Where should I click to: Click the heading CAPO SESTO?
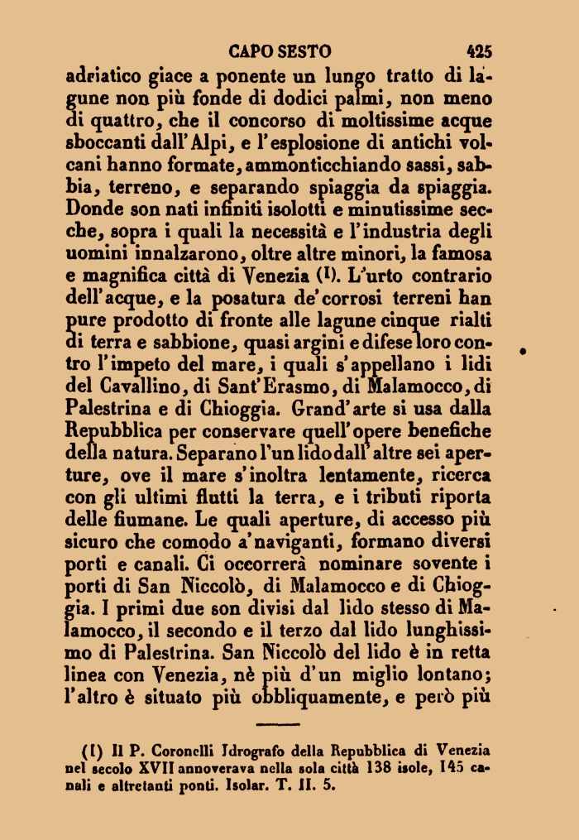pyautogui.click(x=280, y=49)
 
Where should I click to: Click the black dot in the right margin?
pyautogui.click(x=524, y=353)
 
